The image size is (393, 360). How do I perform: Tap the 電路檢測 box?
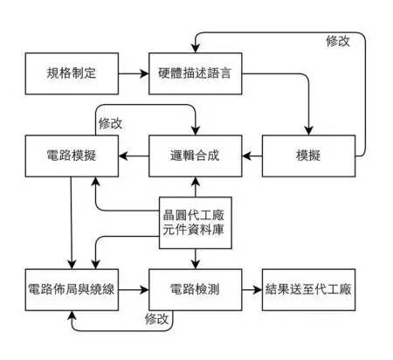(195, 287)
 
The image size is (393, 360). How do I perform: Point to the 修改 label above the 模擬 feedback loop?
(339, 41)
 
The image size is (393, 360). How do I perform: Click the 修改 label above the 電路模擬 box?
(111, 121)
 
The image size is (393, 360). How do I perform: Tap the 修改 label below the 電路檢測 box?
(157, 319)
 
